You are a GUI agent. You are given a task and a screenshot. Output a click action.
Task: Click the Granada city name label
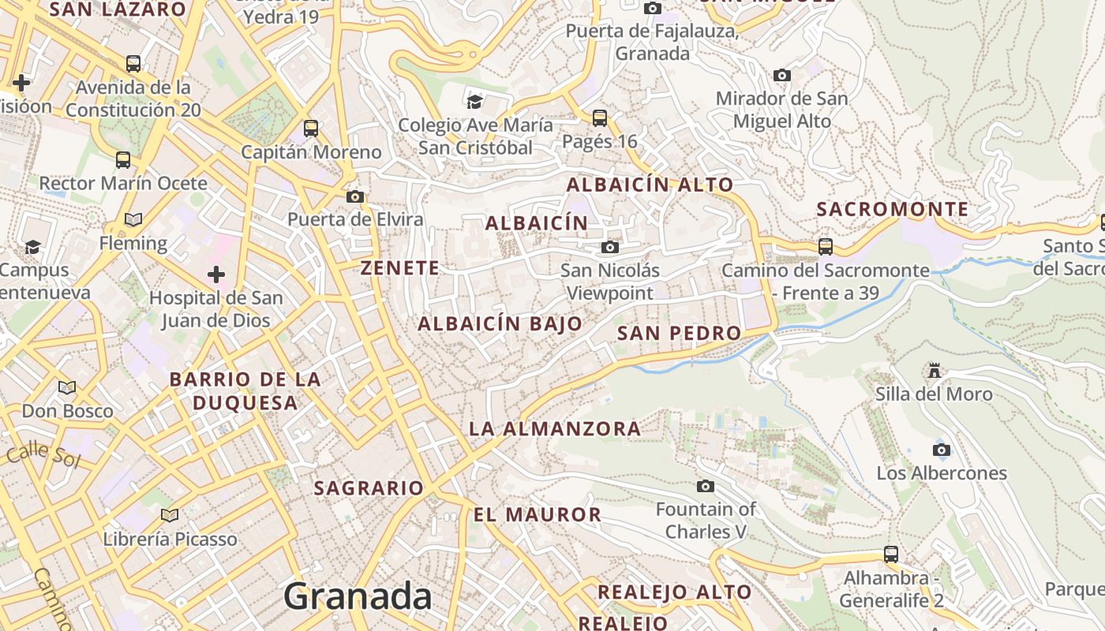[358, 596]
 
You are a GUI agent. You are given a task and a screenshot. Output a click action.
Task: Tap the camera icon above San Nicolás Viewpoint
[609, 248]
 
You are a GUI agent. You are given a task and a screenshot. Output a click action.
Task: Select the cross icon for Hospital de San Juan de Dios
[215, 274]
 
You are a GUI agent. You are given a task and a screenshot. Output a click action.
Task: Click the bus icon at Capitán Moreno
[311, 128]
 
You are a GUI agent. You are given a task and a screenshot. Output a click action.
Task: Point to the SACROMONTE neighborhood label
[892, 209]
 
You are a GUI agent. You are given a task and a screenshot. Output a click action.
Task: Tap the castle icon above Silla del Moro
[935, 371]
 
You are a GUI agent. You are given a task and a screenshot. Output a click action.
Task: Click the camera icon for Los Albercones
[941, 450]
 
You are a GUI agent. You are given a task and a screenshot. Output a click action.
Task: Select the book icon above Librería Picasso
[170, 516]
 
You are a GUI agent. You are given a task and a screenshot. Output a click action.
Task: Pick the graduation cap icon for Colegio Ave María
[474, 102]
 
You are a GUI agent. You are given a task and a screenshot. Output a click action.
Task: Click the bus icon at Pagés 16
[600, 118]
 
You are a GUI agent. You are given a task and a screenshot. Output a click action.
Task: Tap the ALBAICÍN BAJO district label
[500, 323]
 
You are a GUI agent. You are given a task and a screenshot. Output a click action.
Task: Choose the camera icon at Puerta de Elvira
[355, 196]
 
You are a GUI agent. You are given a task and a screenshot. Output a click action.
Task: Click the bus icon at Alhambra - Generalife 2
[891, 554]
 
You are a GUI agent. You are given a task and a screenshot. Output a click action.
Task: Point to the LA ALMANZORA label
[555, 429]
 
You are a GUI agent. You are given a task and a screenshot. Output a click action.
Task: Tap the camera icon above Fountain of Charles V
[706, 486]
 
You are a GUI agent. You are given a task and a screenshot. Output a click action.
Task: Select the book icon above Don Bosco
[67, 387]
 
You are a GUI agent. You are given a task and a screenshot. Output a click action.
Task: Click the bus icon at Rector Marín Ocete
[123, 160]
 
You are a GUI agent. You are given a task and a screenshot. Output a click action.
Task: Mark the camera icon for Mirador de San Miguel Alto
[782, 76]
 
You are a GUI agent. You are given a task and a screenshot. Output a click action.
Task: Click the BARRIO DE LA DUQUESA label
[245, 390]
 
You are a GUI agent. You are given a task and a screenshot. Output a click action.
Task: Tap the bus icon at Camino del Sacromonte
[826, 247]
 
